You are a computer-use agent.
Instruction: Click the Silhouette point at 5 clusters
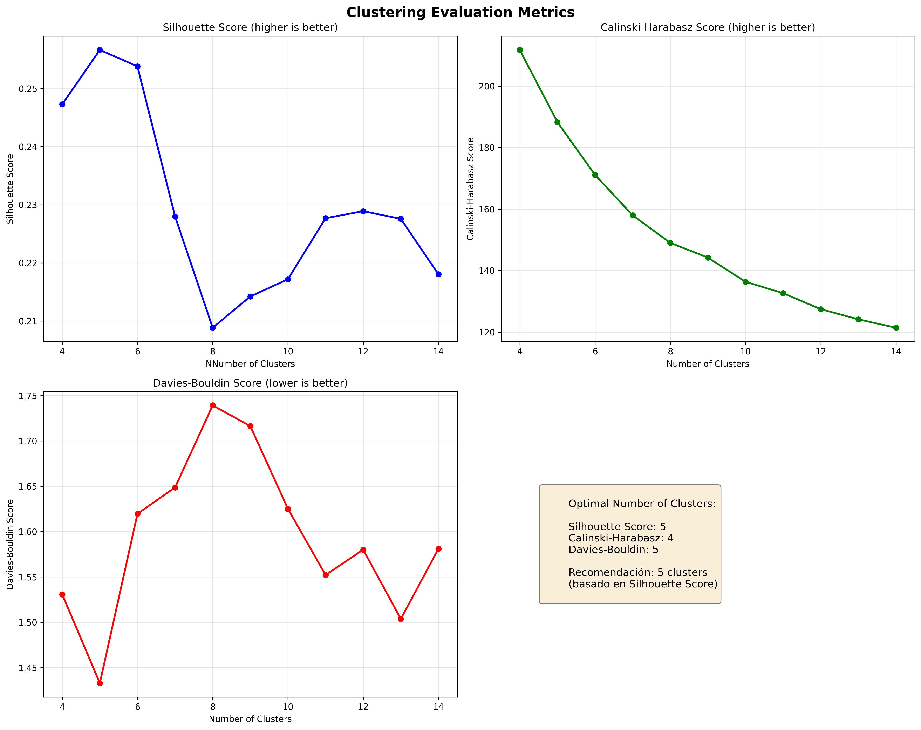point(100,50)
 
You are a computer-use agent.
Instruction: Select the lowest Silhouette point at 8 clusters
point(213,328)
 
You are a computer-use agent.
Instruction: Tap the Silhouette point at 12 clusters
point(363,211)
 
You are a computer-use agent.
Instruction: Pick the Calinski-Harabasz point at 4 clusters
point(520,50)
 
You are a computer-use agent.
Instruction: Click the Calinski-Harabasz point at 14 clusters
point(896,328)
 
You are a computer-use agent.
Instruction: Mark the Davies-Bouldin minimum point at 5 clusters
point(100,683)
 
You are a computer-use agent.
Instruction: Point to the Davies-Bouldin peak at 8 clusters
point(213,405)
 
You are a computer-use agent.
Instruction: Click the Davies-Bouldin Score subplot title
point(250,383)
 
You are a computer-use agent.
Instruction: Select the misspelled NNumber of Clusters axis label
point(250,364)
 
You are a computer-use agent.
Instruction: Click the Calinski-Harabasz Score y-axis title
point(471,189)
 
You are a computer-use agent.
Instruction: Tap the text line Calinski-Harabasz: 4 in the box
point(621,538)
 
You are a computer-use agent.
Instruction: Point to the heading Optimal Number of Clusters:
point(642,504)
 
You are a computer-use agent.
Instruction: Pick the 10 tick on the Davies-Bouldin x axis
point(288,707)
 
